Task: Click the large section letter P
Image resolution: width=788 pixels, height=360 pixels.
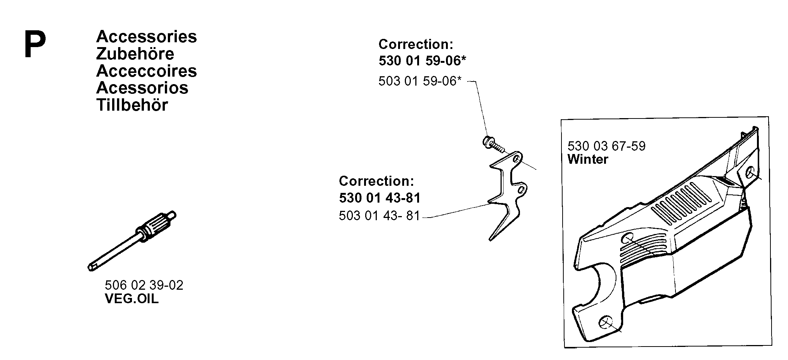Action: pyautogui.click(x=35, y=45)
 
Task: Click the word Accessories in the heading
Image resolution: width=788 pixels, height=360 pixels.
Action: pyautogui.click(x=147, y=37)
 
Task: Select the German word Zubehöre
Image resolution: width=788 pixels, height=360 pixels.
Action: pyautogui.click(x=135, y=53)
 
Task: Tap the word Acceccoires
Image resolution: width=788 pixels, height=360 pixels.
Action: pyautogui.click(x=147, y=71)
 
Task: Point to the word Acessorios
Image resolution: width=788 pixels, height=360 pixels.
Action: pyautogui.click(x=142, y=88)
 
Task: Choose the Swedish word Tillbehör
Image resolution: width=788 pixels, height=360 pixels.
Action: pyautogui.click(x=132, y=105)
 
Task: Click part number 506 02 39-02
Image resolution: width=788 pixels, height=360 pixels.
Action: pyautogui.click(x=144, y=285)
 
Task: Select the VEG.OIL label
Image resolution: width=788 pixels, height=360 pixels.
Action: pyautogui.click(x=132, y=299)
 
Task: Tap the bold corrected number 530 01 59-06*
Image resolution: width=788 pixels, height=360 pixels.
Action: pyautogui.click(x=422, y=61)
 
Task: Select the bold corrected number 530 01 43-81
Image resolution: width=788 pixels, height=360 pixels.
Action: pyautogui.click(x=380, y=197)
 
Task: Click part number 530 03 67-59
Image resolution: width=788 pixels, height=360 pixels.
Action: pyautogui.click(x=606, y=146)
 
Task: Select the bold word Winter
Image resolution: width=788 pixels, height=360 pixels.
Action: pyautogui.click(x=588, y=159)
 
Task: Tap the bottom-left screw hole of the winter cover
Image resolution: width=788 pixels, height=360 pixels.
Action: pyautogui.click(x=605, y=323)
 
